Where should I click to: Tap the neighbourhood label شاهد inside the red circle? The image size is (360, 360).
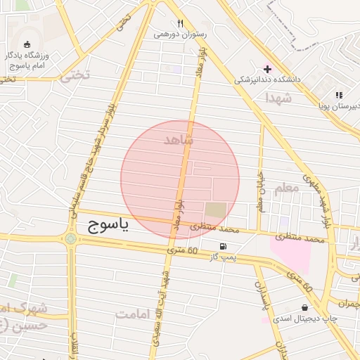(x=178, y=140)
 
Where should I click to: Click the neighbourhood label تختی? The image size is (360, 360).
(x=76, y=76)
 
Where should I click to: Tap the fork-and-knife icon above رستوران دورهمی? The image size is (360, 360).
(x=181, y=22)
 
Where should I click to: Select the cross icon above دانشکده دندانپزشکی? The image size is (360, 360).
(x=267, y=69)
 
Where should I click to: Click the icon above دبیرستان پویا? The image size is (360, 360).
(x=338, y=95)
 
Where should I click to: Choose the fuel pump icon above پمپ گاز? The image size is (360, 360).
(x=223, y=246)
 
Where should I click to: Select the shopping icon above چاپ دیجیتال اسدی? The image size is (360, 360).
(x=304, y=307)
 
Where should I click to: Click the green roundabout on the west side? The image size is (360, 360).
(x=70, y=239)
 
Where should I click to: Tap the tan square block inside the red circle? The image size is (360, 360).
(x=216, y=210)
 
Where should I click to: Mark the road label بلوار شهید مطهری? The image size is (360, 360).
(x=317, y=200)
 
